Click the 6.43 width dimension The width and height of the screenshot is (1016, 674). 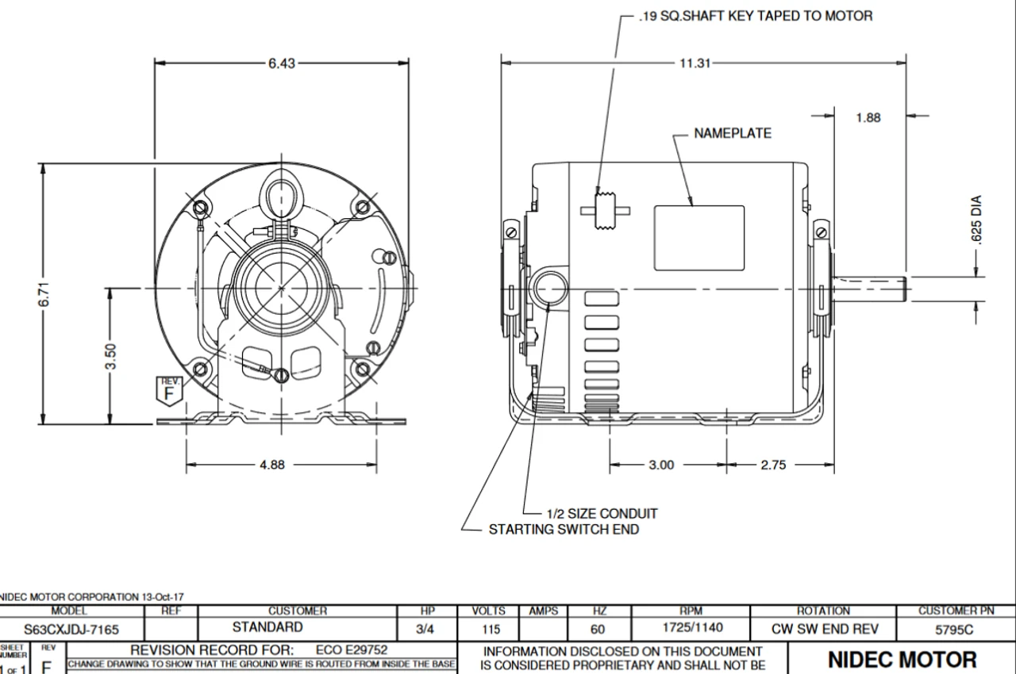(x=281, y=64)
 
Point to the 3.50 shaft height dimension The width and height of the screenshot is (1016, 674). (x=112, y=357)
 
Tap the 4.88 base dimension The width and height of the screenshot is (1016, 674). (x=271, y=465)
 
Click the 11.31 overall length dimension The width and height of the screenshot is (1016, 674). (x=695, y=63)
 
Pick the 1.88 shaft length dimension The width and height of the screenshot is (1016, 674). (x=870, y=117)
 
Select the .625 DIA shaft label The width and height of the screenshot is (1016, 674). (x=982, y=221)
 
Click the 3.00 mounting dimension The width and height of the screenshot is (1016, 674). (x=661, y=465)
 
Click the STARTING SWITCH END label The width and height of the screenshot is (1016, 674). (x=563, y=529)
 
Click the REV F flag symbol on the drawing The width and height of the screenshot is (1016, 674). (x=167, y=390)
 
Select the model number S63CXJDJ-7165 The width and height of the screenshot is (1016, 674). (x=71, y=630)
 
